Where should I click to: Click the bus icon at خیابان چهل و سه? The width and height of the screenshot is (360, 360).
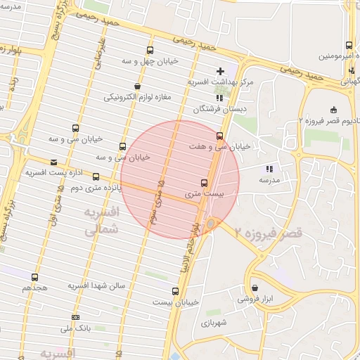tap(149, 50)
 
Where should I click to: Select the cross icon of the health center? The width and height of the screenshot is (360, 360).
tap(221, 71)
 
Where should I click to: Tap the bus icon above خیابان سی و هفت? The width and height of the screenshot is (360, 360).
tap(220, 136)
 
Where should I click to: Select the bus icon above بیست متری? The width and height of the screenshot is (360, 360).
tap(205, 181)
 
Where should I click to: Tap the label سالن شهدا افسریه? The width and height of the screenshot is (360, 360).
tap(96, 286)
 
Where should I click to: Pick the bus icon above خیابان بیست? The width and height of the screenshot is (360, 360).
tap(175, 290)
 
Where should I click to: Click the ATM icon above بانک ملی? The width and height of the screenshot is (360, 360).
tap(75, 317)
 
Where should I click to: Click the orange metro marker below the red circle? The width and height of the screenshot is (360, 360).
tap(210, 223)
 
